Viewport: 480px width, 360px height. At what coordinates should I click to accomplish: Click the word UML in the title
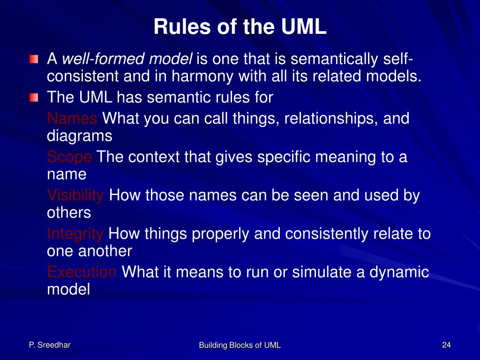point(304,27)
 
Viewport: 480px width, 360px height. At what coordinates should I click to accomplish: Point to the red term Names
point(72,119)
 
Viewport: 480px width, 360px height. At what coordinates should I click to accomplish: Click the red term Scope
point(69,157)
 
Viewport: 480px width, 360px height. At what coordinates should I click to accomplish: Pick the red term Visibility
point(75,195)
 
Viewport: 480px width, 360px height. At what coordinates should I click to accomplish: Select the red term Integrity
point(75,233)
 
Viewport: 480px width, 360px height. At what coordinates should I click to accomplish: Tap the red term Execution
point(82,272)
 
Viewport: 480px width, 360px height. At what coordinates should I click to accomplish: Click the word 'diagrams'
point(80,136)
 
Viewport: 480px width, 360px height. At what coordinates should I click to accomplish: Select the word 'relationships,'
point(330,119)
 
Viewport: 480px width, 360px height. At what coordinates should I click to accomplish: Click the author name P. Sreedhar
point(49,345)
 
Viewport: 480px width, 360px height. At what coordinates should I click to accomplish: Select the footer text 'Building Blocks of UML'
point(240,345)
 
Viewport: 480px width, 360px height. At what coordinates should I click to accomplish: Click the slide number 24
point(446,345)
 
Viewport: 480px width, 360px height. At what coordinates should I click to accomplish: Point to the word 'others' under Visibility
point(69,212)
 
